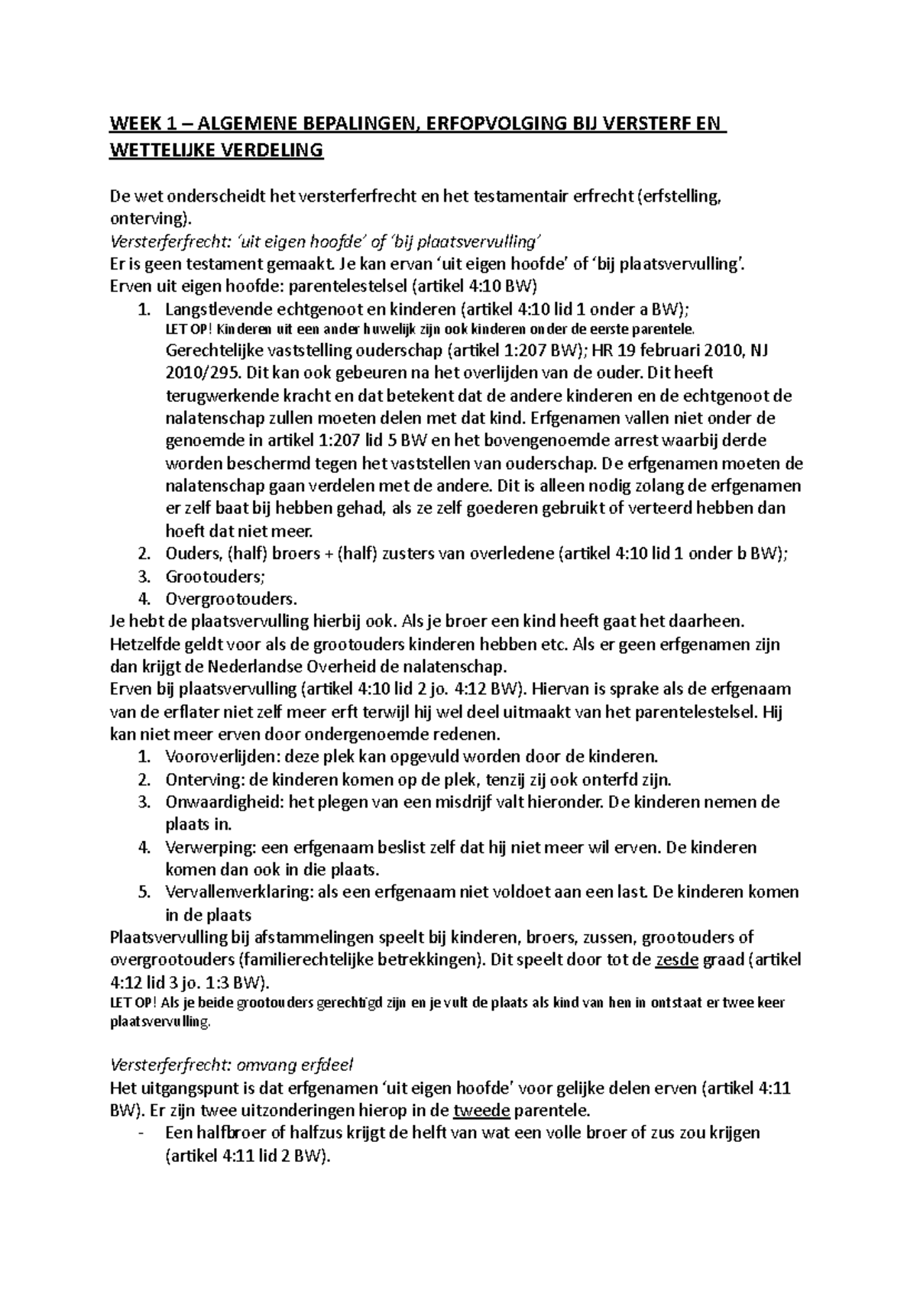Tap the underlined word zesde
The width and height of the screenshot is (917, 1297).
point(677,960)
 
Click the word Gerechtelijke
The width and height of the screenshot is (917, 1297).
point(213,351)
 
